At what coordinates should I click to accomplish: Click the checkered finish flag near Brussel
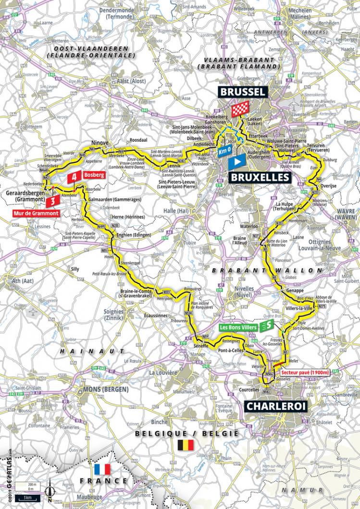239,111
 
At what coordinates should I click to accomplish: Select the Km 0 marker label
224,150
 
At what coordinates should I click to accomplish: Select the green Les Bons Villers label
239,327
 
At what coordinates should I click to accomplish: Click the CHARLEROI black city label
275,406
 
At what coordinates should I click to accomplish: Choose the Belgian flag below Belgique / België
186,445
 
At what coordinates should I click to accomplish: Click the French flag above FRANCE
102,469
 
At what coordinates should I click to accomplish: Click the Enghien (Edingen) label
133,235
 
